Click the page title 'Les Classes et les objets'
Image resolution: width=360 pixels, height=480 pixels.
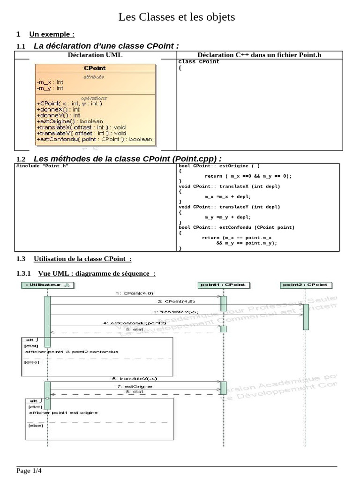click(176, 18)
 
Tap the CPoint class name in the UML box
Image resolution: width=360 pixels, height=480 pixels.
click(95, 68)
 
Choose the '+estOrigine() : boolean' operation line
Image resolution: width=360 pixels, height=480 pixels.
click(69, 121)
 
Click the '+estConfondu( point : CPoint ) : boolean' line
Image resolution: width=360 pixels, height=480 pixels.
click(94, 139)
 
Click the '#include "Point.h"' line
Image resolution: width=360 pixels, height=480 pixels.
click(39, 166)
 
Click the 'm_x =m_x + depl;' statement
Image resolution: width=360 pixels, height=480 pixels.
click(228, 196)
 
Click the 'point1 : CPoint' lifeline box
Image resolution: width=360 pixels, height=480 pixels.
click(223, 285)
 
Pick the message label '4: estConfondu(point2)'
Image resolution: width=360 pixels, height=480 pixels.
click(135, 323)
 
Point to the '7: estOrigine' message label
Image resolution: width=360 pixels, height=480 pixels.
click(135, 386)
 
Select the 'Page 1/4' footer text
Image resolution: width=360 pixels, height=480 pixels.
click(29, 471)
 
